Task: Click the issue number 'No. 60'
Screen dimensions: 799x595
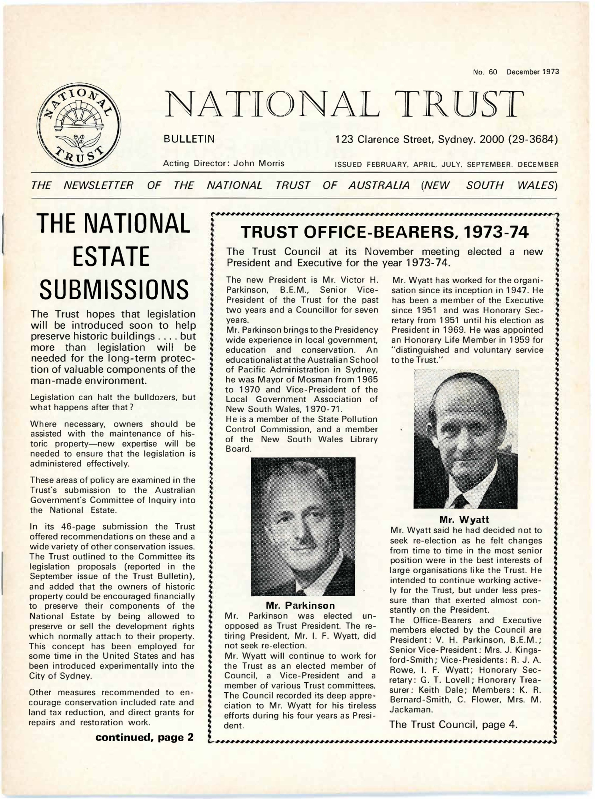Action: (485, 72)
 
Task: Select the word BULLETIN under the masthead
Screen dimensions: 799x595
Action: (189, 139)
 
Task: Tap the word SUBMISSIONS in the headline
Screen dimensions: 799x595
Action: (114, 290)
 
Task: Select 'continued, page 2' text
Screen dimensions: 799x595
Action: (144, 737)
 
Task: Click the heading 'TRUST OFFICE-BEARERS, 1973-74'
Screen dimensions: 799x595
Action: (384, 233)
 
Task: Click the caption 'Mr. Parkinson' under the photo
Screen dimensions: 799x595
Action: (300, 605)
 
